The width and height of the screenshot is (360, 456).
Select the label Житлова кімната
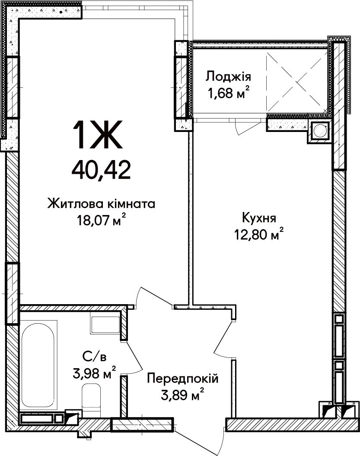tap(102, 204)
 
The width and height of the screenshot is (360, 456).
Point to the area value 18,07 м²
tap(102, 220)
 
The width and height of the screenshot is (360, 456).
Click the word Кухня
tap(259, 218)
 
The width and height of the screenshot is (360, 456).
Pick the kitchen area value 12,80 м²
tap(259, 234)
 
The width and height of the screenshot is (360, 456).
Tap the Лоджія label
tap(228, 77)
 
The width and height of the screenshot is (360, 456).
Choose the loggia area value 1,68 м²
tap(228, 93)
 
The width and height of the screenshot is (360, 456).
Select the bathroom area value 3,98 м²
tap(95, 373)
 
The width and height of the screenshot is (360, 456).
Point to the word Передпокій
tap(182, 379)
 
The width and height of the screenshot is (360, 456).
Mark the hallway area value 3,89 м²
tap(182, 395)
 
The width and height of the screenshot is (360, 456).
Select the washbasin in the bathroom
tap(105, 324)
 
